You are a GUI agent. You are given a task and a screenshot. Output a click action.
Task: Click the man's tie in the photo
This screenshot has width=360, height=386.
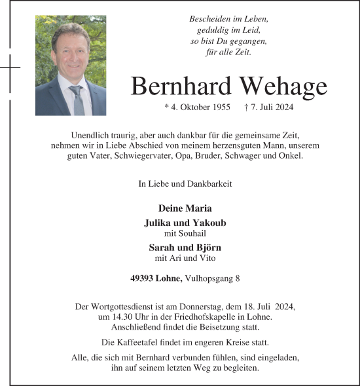point(77,100)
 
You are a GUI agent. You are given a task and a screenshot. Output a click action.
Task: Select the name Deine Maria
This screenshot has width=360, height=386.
point(185,208)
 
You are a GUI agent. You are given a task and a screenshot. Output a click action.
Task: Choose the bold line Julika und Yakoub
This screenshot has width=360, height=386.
point(185,223)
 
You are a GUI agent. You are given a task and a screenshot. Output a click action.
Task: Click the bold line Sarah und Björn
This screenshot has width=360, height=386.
point(185,247)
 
